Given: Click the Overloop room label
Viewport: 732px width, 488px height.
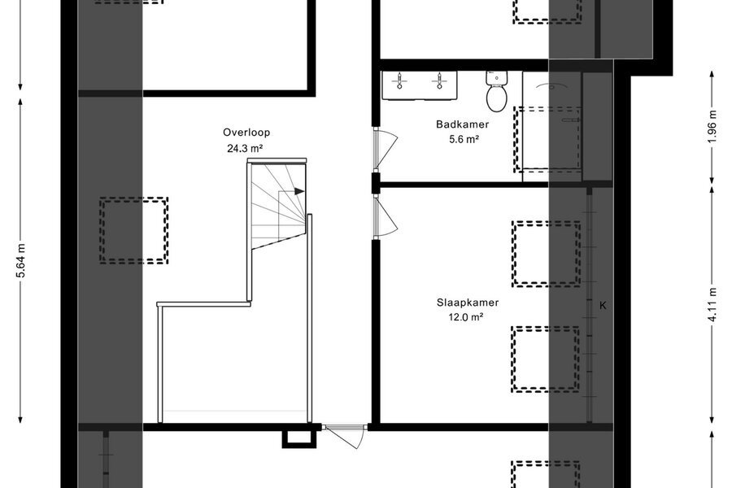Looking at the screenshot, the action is point(246,133).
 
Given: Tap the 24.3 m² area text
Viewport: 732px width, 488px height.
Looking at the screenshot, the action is point(245,149).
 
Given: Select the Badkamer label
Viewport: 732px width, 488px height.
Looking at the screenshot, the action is point(463,124).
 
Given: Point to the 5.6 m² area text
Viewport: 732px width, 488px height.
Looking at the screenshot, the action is point(464,139).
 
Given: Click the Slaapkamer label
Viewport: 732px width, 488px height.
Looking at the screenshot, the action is point(468,303).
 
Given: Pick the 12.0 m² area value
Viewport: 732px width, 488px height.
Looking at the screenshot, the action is point(465,317).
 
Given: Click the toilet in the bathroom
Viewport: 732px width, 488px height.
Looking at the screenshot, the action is point(497,91).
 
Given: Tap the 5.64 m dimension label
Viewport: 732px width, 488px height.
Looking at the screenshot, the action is point(21,260).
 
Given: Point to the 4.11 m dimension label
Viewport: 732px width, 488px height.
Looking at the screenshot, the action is point(712,305).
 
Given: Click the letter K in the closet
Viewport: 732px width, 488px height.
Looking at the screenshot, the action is point(603,306).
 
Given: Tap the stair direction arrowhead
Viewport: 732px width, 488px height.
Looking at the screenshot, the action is point(299,191).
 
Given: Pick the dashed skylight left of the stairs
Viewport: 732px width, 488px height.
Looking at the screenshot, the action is point(133,231).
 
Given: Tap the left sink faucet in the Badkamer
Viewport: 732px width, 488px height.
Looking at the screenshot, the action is point(399,81).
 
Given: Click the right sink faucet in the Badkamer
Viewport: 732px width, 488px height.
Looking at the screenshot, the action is point(439,81).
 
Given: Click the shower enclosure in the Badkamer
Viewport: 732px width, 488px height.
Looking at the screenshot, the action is point(551,127).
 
